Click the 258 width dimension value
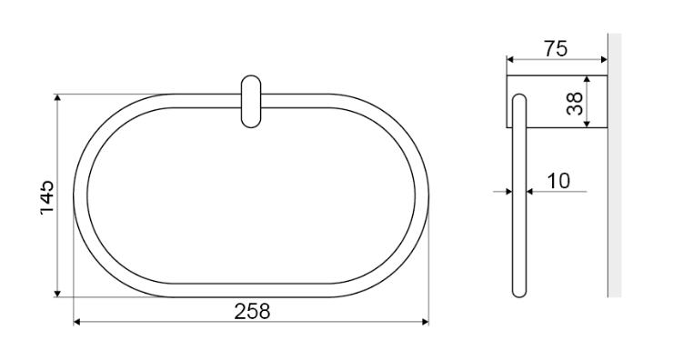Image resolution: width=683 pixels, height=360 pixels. [x=252, y=311]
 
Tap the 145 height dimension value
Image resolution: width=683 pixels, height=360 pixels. [x=46, y=196]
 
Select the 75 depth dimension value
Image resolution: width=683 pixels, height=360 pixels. [x=556, y=49]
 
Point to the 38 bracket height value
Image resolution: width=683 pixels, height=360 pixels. [x=575, y=103]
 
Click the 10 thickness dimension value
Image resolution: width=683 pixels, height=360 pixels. [x=558, y=181]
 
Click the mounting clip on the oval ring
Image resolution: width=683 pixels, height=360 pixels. [x=251, y=102]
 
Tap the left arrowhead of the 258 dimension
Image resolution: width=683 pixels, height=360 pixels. [x=76, y=322]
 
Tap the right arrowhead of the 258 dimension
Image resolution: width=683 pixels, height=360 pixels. [x=426, y=322]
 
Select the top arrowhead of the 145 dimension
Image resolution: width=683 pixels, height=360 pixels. [x=57, y=97]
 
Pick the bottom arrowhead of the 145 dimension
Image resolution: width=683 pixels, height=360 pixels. [x=57, y=294]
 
